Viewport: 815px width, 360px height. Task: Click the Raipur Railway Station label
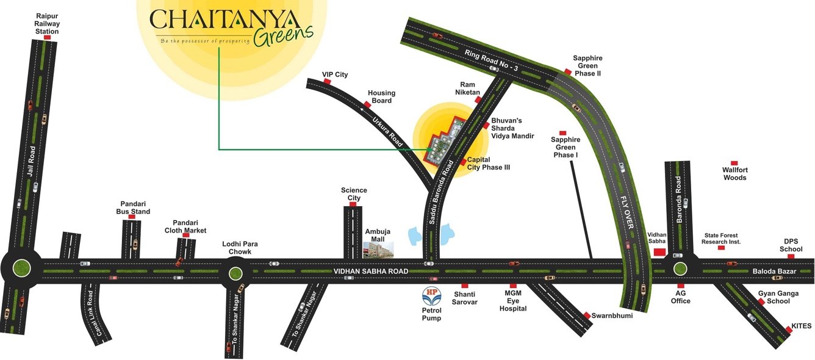[47, 23]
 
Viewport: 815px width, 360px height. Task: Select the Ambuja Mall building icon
[378, 248]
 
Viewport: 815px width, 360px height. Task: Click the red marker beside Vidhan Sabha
[659, 251]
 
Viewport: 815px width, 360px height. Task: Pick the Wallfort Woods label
[734, 174]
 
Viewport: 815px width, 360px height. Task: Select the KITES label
[801, 326]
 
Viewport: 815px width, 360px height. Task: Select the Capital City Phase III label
[488, 164]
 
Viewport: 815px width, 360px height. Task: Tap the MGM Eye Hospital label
[512, 301]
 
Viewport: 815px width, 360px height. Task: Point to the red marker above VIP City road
[327, 81]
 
